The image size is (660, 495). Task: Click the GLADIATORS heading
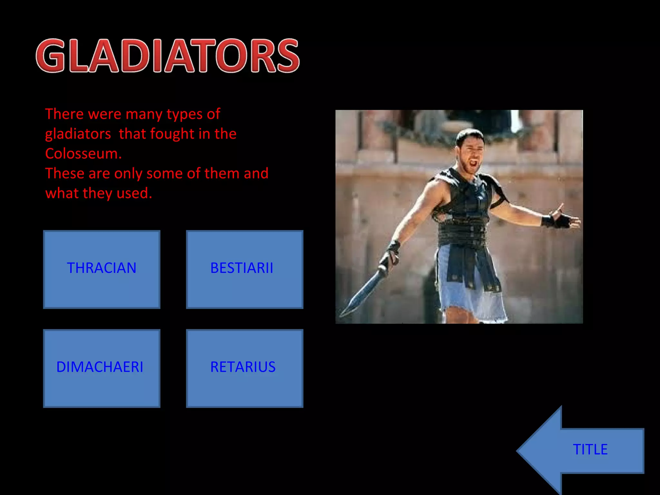(x=168, y=55)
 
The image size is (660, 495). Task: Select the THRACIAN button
(x=102, y=269)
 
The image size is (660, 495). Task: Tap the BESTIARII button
(x=244, y=269)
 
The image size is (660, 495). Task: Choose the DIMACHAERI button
(x=102, y=368)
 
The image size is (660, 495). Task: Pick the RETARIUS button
(x=244, y=368)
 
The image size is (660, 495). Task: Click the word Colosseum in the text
(x=83, y=154)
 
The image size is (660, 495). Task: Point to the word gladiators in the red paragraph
(x=78, y=134)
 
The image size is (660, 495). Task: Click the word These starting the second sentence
(x=65, y=173)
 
